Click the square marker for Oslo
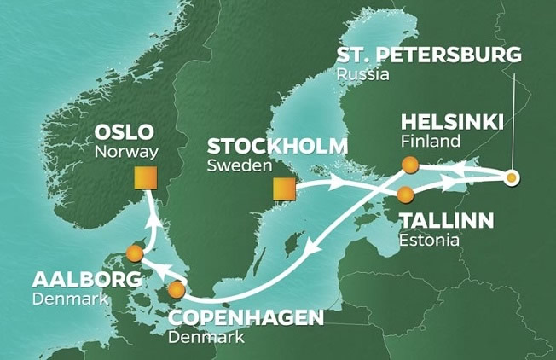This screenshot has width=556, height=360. click(x=146, y=177)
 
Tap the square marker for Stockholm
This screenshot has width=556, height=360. click(x=283, y=189)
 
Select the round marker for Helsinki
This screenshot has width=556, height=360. click(x=410, y=165)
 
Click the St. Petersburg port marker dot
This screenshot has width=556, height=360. click(x=511, y=178)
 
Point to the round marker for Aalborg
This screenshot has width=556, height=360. click(x=133, y=253)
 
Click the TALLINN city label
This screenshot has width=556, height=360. click(x=446, y=222)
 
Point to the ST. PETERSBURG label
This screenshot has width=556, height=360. click(x=427, y=56)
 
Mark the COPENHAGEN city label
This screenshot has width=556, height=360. click(x=246, y=318)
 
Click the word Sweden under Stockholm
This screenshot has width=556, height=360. click(x=235, y=165)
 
